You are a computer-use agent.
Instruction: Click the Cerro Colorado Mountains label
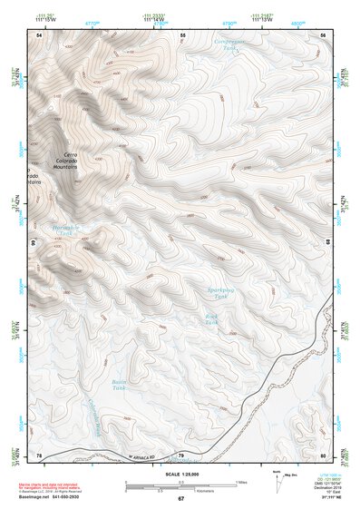(x=64, y=162)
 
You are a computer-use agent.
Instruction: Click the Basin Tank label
(x=118, y=384)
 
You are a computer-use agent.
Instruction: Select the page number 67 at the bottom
(x=180, y=499)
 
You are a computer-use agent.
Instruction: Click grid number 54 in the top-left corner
(x=39, y=34)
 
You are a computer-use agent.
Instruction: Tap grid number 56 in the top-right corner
(x=323, y=34)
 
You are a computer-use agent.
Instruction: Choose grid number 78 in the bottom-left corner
(x=39, y=455)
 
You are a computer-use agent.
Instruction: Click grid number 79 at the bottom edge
(x=181, y=455)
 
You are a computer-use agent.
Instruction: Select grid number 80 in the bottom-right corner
(x=323, y=455)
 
